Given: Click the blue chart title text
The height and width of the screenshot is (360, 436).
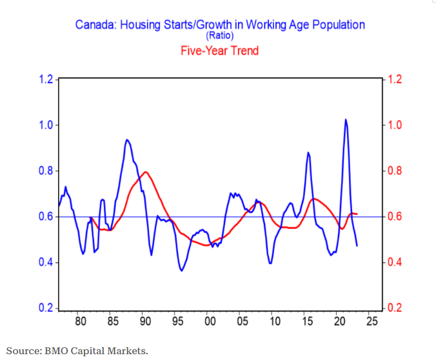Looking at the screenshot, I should point(220,25).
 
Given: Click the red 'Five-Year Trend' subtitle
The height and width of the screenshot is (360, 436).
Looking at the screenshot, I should point(220,50).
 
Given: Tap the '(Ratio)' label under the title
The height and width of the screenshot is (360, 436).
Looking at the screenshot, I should point(220,36).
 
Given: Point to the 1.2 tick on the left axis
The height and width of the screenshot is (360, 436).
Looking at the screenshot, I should point(45,79).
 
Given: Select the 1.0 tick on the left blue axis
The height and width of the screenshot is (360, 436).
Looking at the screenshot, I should point(45,125).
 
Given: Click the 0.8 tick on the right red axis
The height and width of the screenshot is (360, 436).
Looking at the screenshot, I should point(394,171).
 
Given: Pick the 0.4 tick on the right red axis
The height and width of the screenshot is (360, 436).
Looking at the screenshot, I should point(394,263).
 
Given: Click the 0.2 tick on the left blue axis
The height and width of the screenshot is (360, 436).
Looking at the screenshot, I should point(45,308).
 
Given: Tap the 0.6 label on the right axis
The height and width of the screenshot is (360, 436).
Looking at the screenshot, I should point(394,217).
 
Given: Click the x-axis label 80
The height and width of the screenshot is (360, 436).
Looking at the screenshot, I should point(80,321).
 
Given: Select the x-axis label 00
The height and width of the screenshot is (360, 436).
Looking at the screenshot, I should point(209,321).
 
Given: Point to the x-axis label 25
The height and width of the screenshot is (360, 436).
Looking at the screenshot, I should point(371,321).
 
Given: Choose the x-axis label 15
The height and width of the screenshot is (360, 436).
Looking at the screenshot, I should point(306,321).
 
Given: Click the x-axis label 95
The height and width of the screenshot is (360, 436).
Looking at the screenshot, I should point(177,321).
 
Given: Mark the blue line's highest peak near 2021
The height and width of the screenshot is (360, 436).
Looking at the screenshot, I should point(346,120).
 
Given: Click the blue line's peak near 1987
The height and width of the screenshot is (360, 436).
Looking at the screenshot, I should point(127,140).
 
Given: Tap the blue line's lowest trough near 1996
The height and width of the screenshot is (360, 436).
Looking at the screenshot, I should point(182,270).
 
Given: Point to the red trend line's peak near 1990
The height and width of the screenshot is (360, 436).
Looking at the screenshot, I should point(146,172).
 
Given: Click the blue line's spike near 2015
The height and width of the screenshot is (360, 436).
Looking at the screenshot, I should point(308,153).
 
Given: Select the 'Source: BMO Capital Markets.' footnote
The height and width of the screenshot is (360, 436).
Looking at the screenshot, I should point(77,350).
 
